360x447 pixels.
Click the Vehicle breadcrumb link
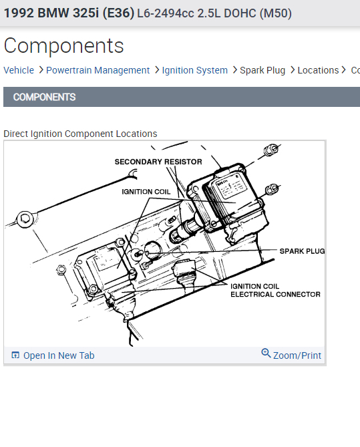pyautogui.click(x=19, y=70)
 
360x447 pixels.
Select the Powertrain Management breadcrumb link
pyautogui.click(x=98, y=70)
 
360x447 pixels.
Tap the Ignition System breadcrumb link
pyautogui.click(x=194, y=70)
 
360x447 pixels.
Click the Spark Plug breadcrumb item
pyautogui.click(x=262, y=70)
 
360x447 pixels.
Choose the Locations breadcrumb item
pyautogui.click(x=318, y=70)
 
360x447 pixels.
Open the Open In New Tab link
pyautogui.click(x=59, y=355)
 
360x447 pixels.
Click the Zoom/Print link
pyautogui.click(x=297, y=355)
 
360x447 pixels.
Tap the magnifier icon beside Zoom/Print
pyautogui.click(x=266, y=353)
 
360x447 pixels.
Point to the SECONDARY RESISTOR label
pyautogui.click(x=158, y=162)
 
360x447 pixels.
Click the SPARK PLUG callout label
pyautogui.click(x=302, y=251)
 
